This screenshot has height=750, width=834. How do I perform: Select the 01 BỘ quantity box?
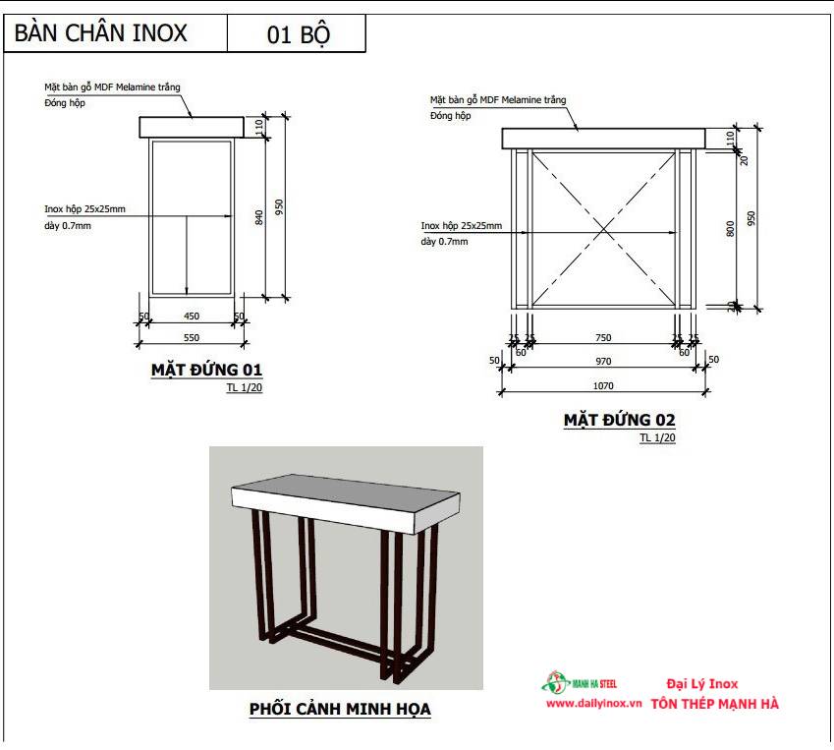298,34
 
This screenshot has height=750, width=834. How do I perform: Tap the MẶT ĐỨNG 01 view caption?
206,371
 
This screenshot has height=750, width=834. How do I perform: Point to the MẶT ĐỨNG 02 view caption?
619,420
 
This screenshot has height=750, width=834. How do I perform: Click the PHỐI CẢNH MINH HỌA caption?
340,708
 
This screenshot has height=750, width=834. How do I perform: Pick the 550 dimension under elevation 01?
192,337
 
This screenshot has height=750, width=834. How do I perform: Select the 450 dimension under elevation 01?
192,317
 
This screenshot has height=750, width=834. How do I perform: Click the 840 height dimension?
259,217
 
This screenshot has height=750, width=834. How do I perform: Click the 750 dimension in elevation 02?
603,338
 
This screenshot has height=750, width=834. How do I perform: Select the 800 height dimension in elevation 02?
730,227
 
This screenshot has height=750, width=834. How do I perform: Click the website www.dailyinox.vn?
593,704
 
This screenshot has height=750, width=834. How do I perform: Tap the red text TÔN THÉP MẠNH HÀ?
714,704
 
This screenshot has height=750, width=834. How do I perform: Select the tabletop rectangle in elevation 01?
192,127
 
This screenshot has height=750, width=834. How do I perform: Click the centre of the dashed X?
603,230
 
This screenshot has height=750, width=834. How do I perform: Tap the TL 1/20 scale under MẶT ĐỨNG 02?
657,437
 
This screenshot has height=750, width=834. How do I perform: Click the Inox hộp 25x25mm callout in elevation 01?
84,209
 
